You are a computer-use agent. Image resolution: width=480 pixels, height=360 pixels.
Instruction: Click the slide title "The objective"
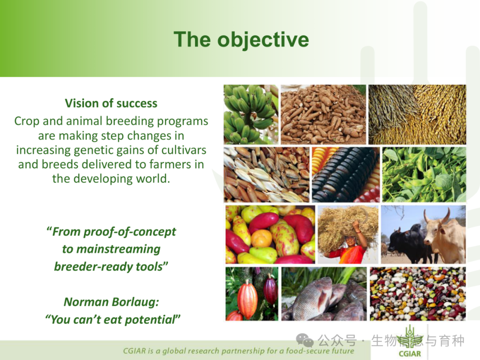pyautogui.click(x=241, y=40)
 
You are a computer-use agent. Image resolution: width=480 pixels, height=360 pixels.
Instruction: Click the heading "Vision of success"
pyautogui.click(x=111, y=104)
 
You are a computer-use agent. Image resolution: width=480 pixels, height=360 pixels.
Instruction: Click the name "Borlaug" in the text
pyautogui.click(x=135, y=302)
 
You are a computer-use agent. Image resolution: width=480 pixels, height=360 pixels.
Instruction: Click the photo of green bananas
pyautogui.click(x=251, y=115)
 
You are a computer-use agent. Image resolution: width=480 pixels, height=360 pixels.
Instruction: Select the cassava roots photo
pyautogui.click(x=323, y=115)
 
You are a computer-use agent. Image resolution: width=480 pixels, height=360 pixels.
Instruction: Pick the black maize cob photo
pyautogui.click(x=346, y=175)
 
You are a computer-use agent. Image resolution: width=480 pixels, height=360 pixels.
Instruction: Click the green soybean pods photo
pyautogui.click(x=424, y=175)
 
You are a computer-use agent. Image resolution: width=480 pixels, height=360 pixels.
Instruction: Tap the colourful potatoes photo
pyautogui.click(x=270, y=235)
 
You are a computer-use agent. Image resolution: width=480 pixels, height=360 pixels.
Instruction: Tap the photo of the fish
pyautogui.click(x=324, y=294)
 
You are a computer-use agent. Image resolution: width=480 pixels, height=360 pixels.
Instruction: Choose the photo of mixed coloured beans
pyautogui.click(x=418, y=294)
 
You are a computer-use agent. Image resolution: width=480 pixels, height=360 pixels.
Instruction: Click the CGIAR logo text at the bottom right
pyautogui.click(x=410, y=354)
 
